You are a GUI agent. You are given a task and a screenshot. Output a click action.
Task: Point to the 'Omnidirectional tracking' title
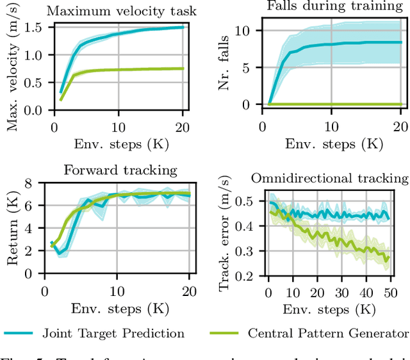329,177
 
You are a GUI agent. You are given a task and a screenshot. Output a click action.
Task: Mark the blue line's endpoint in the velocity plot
183,27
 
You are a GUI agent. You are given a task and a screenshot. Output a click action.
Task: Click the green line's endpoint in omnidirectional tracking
388,258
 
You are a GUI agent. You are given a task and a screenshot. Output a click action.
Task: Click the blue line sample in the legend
23,333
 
